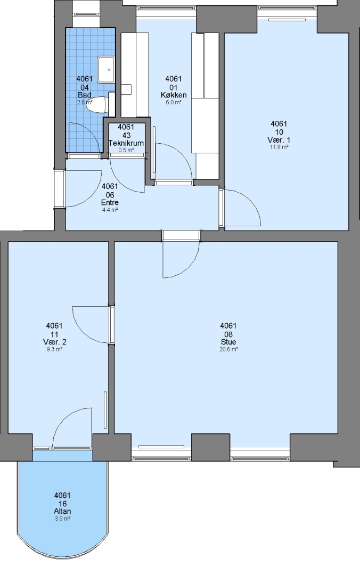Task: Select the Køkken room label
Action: (174, 95)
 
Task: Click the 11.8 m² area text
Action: (279, 147)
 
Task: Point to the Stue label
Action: (228, 342)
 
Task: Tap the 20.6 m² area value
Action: (228, 349)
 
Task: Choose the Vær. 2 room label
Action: (55, 342)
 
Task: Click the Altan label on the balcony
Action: (62, 511)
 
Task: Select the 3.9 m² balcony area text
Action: (63, 519)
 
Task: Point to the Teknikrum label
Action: (126, 143)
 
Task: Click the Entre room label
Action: (110, 203)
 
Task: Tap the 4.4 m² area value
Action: (110, 210)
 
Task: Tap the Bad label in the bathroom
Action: (84, 95)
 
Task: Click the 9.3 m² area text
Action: (55, 349)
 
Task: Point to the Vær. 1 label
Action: (279, 140)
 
